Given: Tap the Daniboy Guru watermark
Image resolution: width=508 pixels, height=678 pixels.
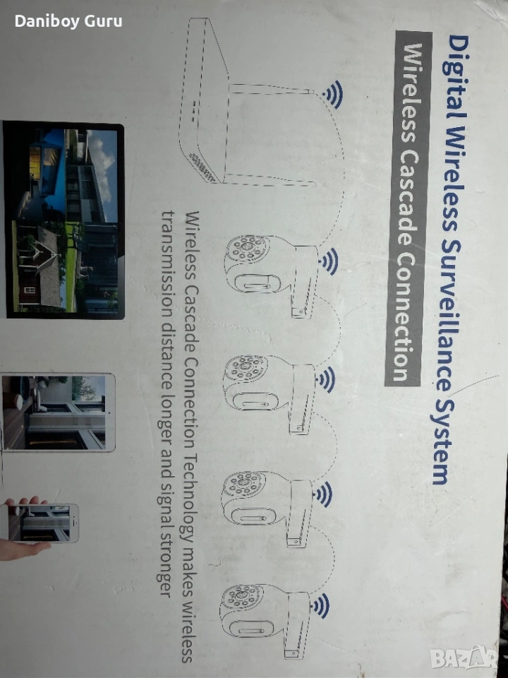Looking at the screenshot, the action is coord(68,21).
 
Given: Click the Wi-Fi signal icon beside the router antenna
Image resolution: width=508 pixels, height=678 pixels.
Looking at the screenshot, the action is coord(334,94).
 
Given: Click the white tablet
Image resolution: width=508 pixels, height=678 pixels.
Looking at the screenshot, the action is coord(58,412).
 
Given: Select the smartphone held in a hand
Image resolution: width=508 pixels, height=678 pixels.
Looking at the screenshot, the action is coord(42,523).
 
